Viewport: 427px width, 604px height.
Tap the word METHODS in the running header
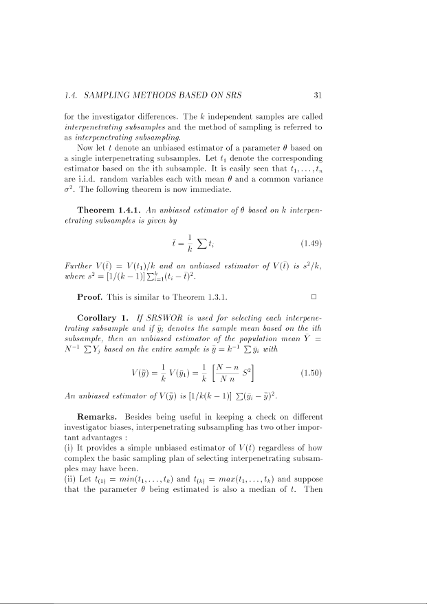tap(153, 94)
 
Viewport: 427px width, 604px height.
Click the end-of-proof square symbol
tap(314, 296)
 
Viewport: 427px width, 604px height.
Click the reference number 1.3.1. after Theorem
tap(213, 296)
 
